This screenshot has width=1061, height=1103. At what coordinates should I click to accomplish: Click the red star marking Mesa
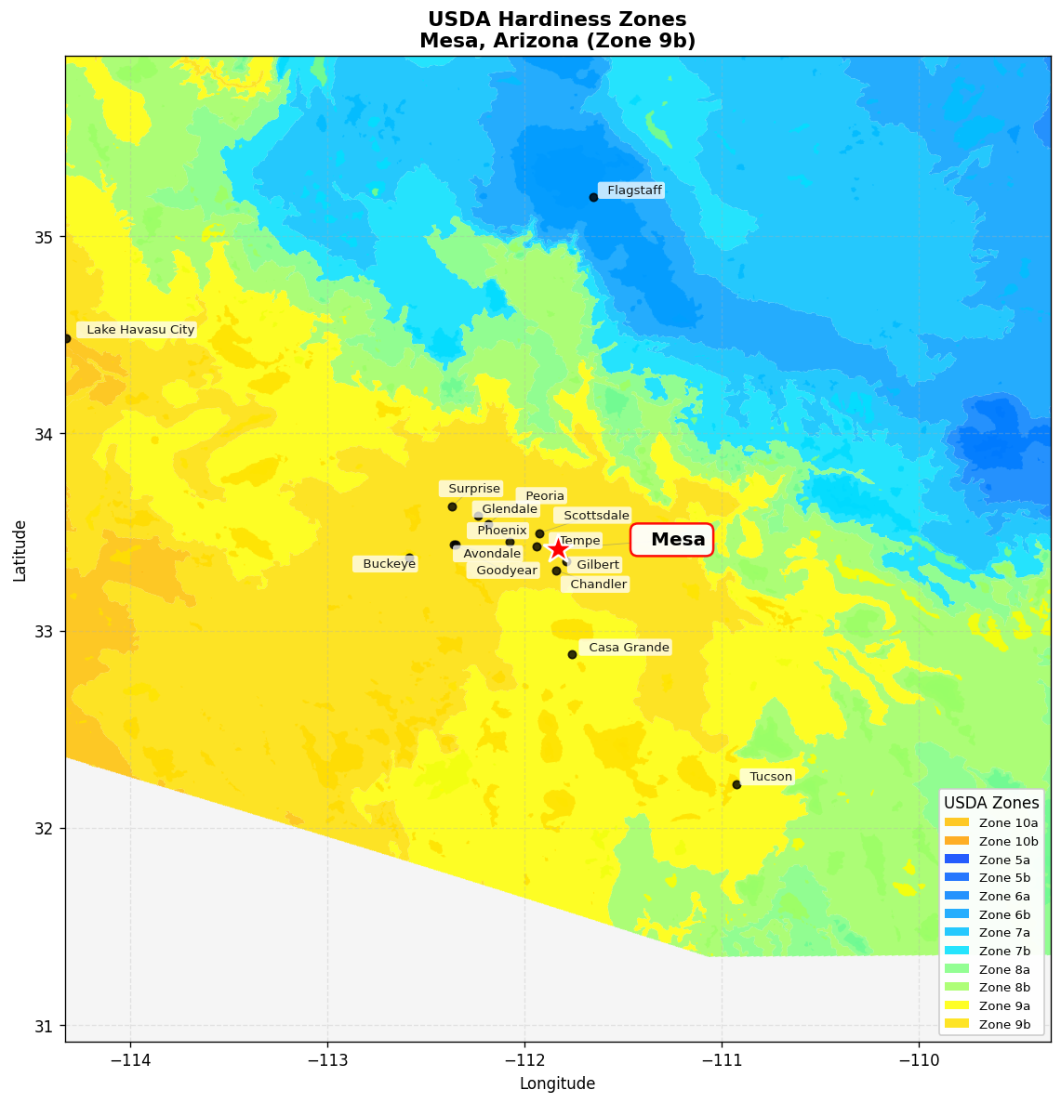pos(558,549)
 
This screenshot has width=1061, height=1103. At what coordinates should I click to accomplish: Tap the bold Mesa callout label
pos(672,540)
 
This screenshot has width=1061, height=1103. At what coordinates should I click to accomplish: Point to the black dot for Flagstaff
pos(593,197)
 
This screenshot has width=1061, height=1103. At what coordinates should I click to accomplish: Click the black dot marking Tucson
pos(736,784)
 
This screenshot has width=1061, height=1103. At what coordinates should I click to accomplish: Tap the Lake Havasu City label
pos(139,330)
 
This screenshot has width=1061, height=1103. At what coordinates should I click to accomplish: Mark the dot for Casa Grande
pos(572,654)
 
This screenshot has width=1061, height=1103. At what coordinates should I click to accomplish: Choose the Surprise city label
pos(472,489)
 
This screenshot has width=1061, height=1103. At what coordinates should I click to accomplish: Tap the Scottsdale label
pos(594,516)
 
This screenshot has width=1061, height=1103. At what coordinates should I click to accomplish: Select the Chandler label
pos(597,584)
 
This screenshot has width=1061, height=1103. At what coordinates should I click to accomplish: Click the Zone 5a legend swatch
pos(956,860)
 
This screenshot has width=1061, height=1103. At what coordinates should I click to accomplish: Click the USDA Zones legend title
pos(991,803)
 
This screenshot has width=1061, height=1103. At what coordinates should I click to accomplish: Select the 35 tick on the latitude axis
pos(45,237)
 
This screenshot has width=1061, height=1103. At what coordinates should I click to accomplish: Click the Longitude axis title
pos(557,1083)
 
